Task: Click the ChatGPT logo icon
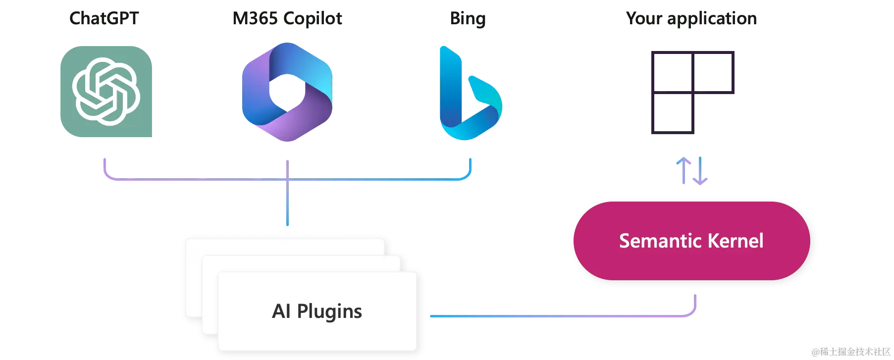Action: pos(106,91)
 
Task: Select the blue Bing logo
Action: pos(470,94)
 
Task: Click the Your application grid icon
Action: pos(692,91)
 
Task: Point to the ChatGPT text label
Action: pos(105,19)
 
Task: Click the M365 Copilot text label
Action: pos(287,19)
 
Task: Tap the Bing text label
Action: pos(468,19)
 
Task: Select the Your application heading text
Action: pos(691,19)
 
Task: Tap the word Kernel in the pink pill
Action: pos(736,241)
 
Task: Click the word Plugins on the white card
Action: pos(329,311)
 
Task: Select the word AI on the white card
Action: pos(281,311)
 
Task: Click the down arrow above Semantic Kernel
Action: pos(700,171)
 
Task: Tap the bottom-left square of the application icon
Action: pos(673,114)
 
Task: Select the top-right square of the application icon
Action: pos(713,72)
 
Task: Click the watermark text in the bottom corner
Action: pos(850,351)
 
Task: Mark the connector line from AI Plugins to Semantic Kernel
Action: pos(560,315)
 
